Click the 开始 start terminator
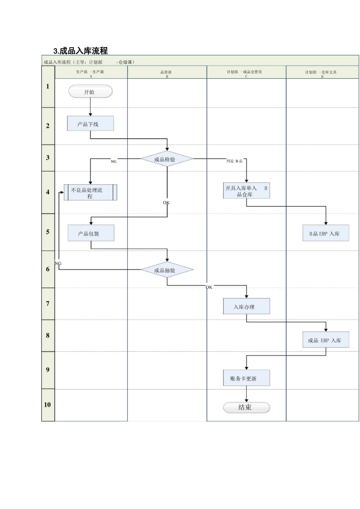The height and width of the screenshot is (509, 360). [x=90, y=92]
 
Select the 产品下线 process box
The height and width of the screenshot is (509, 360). [x=90, y=124]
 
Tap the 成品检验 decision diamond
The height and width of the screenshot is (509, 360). [x=167, y=159]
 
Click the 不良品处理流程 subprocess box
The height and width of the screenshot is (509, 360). [x=90, y=193]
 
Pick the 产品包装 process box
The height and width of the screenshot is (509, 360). [x=91, y=233]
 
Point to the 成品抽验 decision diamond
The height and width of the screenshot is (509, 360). [x=167, y=270]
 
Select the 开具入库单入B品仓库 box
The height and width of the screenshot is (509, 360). [x=246, y=191]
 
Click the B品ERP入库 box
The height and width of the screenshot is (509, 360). [x=326, y=233]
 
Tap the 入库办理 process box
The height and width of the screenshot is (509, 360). [x=246, y=306]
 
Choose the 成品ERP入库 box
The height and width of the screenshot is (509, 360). [x=326, y=340]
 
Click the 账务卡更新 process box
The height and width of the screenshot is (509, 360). [x=246, y=378]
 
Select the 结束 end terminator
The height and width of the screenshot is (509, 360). [x=246, y=407]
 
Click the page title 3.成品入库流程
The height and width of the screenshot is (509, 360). [x=81, y=51]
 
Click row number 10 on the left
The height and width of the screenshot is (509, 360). [x=47, y=404]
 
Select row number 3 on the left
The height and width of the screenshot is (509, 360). [x=48, y=158]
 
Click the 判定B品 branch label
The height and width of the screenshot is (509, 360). [x=234, y=161]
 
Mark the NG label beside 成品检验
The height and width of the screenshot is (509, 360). [x=114, y=161]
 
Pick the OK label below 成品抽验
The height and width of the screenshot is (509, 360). [x=209, y=287]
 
